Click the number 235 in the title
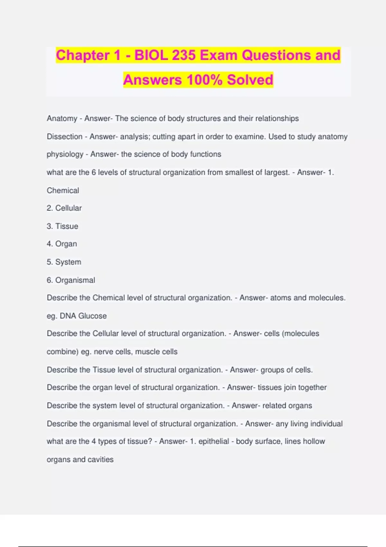tap(184, 55)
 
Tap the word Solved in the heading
tap(250, 80)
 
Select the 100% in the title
tap(204, 80)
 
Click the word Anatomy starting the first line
tap(62, 118)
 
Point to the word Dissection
tap(65, 136)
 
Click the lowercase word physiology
tap(65, 154)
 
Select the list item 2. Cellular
tap(64, 208)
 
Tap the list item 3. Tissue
tap(62, 226)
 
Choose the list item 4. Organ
tap(62, 244)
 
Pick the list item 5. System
tap(64, 262)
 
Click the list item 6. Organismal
tap(71, 280)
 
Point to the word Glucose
tap(92, 316)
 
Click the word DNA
tap(68, 316)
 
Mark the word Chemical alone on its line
tap(63, 190)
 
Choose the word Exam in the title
tap(218, 55)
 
